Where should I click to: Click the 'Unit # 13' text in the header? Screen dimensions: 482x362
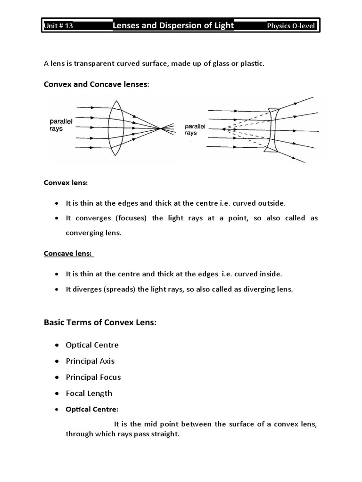(x=58, y=26)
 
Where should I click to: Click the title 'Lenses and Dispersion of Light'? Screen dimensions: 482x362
(x=173, y=25)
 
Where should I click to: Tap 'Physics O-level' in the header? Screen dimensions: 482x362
(x=291, y=26)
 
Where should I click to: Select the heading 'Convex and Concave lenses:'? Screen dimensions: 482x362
(x=96, y=84)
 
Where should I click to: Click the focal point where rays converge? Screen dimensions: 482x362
(x=162, y=128)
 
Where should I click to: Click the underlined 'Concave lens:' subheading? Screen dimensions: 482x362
(x=68, y=253)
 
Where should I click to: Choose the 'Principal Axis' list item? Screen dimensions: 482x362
(x=90, y=361)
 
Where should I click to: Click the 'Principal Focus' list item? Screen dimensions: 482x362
(x=93, y=377)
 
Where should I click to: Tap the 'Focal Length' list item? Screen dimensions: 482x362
(x=89, y=393)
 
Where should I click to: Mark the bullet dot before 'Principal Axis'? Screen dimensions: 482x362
(x=57, y=361)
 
